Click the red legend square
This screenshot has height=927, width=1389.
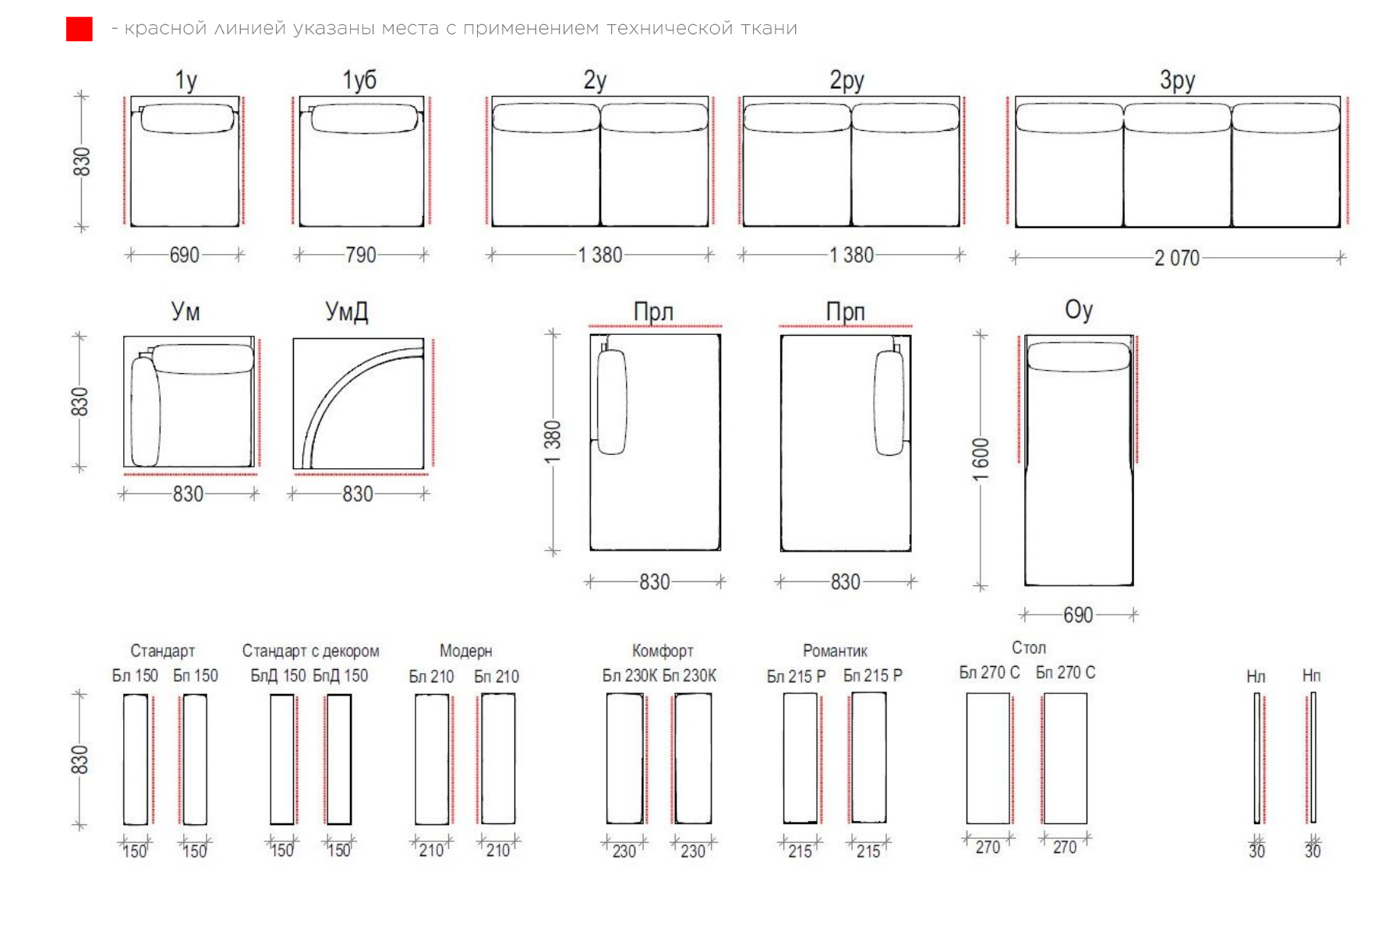(79, 29)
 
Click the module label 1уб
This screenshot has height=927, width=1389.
(359, 79)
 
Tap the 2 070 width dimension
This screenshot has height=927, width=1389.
(1177, 258)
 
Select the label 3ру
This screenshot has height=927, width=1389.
(1177, 79)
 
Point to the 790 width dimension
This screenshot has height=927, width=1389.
(361, 255)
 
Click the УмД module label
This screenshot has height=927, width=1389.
(347, 312)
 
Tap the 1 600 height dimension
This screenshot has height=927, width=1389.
(981, 460)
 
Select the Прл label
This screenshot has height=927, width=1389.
(653, 312)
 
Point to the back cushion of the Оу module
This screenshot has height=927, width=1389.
(1079, 357)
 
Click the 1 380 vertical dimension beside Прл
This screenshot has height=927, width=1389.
(553, 442)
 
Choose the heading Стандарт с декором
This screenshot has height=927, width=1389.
(310, 650)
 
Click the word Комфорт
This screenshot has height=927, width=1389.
(663, 650)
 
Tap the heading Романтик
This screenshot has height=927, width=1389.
(835, 650)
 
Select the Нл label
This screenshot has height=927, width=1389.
(1256, 675)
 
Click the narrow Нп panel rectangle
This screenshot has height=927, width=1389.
(1313, 757)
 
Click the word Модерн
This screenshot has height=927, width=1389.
(466, 650)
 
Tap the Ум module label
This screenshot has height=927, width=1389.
(186, 312)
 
